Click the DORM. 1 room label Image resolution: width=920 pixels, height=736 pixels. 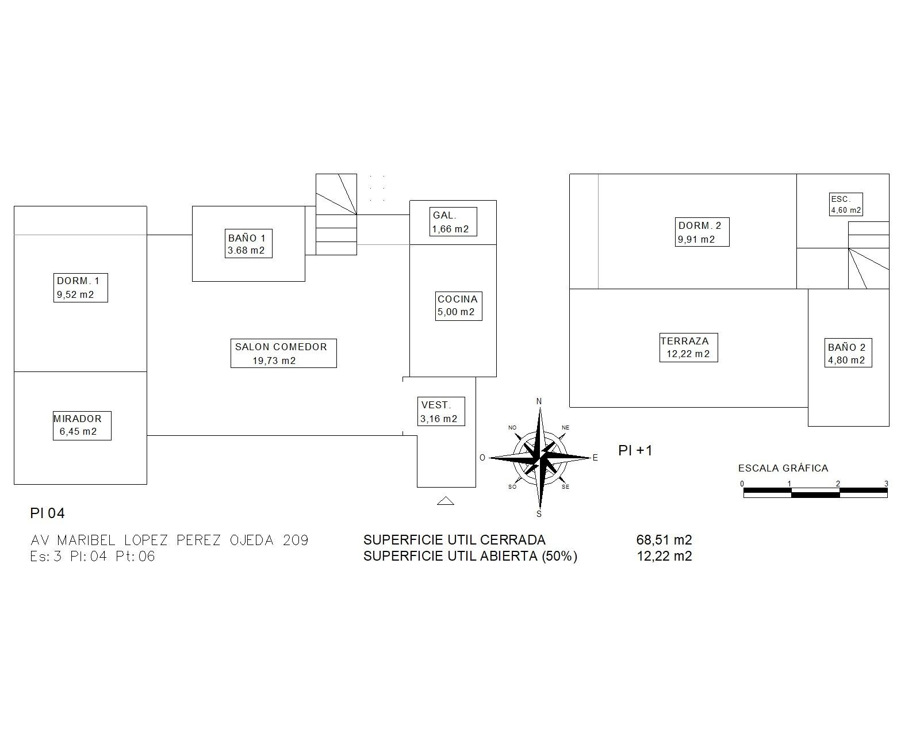[81, 287]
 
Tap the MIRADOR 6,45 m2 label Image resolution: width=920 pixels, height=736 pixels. [82, 425]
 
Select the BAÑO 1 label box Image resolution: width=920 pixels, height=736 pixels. [248, 244]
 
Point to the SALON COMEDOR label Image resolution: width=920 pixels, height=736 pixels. [283, 353]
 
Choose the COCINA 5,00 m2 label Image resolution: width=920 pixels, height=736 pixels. [458, 305]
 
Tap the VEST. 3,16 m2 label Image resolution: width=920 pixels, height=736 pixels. [441, 411]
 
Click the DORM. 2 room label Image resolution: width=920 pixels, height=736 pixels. [702, 232]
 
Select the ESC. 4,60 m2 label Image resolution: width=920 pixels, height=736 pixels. [846, 205]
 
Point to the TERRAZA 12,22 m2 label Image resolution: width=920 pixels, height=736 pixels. [688, 347]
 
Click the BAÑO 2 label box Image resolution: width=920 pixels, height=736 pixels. [848, 353]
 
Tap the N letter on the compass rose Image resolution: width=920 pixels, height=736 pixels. [539, 401]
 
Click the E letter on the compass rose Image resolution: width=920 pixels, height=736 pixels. [595, 458]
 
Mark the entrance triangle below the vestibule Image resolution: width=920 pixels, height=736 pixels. [446, 501]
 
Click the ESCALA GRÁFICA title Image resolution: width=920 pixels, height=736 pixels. [783, 468]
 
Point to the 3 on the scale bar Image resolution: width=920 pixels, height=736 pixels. [886, 484]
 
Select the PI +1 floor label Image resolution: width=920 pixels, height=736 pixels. [635, 450]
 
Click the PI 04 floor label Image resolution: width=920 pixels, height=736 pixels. [47, 513]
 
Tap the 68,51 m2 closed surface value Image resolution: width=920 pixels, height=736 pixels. [664, 540]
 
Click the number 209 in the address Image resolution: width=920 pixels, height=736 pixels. [296, 540]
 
